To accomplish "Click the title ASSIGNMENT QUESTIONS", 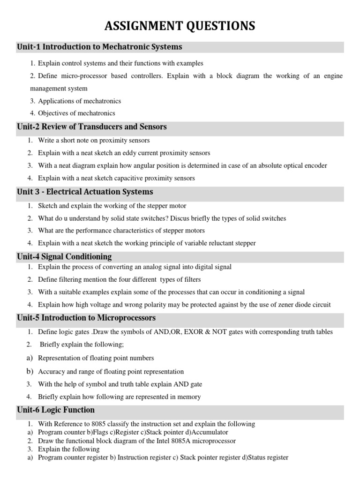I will (x=180, y=26).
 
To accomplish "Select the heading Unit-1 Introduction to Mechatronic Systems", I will (x=99, y=47).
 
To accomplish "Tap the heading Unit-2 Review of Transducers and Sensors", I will (x=92, y=127).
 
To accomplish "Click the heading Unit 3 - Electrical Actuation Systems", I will (x=85, y=192).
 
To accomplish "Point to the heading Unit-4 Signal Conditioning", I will (x=64, y=256).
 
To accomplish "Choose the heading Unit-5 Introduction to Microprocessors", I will (x=86, y=318).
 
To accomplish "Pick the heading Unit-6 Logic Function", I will (x=56, y=410).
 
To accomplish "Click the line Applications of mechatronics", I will (x=79, y=101).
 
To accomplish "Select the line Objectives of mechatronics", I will (x=76, y=113).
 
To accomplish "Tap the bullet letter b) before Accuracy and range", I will (x=30, y=371).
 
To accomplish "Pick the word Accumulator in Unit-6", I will (x=208, y=432).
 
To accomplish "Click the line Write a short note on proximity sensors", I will (x=94, y=140).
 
